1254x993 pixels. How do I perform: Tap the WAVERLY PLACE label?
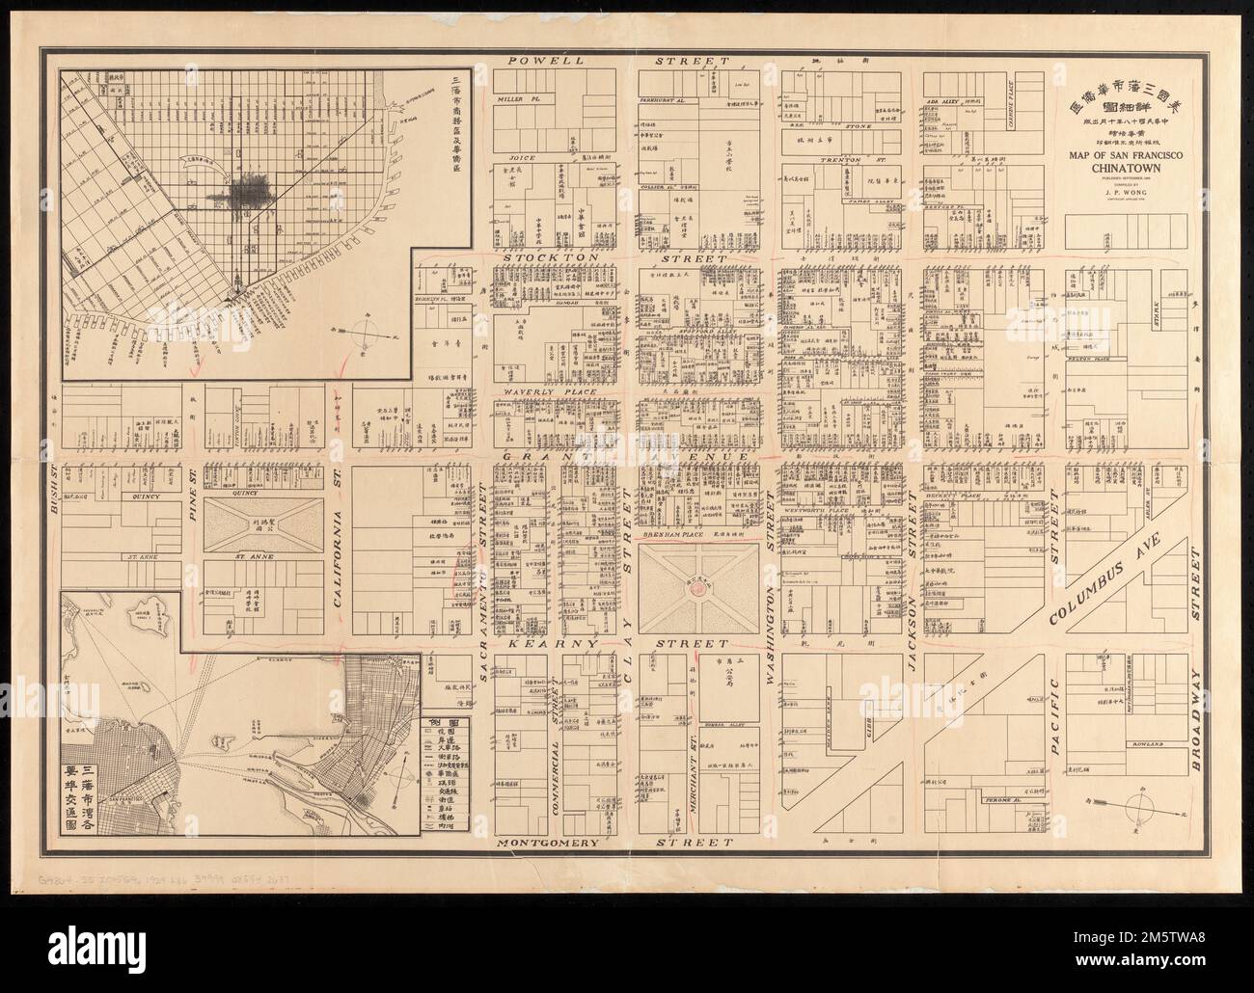click(541, 394)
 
